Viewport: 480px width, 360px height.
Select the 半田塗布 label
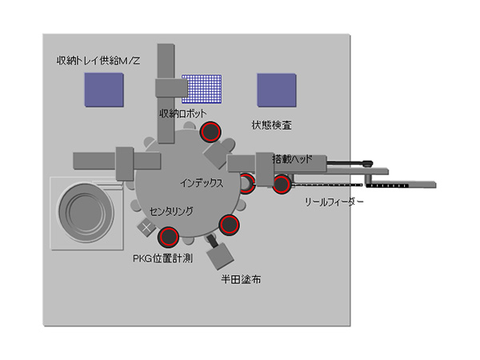tap(240, 280)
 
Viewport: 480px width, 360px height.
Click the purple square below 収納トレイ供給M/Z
tap(104, 90)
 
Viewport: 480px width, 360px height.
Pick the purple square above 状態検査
tap(276, 90)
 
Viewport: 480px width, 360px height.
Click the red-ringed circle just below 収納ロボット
tap(210, 131)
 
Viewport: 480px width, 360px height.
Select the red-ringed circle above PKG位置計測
tap(168, 236)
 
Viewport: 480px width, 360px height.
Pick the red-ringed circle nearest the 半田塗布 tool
tap(230, 225)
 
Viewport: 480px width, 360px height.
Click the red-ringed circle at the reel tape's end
tap(281, 185)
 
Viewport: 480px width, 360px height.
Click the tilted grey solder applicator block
tap(218, 255)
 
